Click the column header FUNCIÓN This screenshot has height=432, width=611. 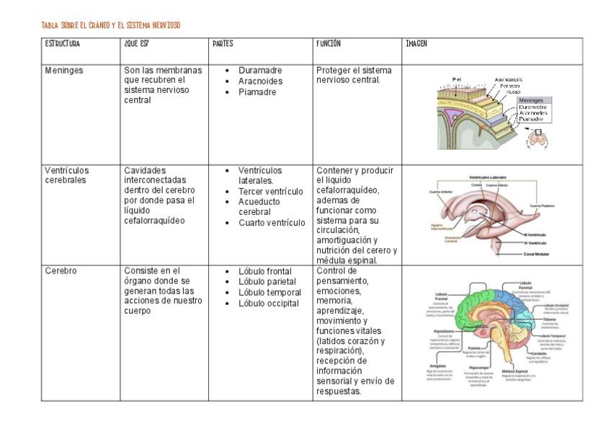click(329, 43)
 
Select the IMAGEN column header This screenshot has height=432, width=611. click(416, 43)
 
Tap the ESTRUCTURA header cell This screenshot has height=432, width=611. click(63, 43)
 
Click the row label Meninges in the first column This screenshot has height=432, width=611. click(63, 70)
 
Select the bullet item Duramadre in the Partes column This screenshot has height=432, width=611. click(260, 70)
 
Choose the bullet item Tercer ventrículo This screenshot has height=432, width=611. click(270, 191)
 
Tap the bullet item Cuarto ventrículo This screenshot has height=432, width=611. click(272, 223)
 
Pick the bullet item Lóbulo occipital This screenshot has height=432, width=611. click(268, 303)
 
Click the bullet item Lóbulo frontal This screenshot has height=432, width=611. click(264, 271)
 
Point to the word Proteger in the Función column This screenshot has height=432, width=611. click(332, 70)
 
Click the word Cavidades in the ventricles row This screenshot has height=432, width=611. click(145, 170)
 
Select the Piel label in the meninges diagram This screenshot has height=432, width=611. click(456, 79)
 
